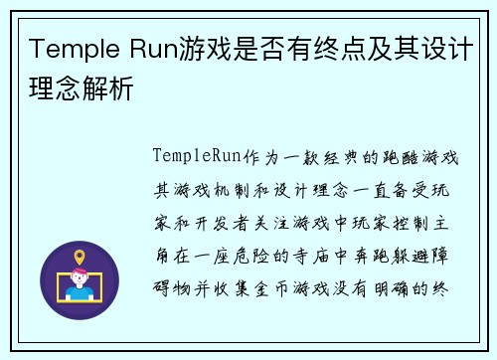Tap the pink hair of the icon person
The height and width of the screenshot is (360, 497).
[x=80, y=275]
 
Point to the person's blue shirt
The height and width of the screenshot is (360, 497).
[x=80, y=292]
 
